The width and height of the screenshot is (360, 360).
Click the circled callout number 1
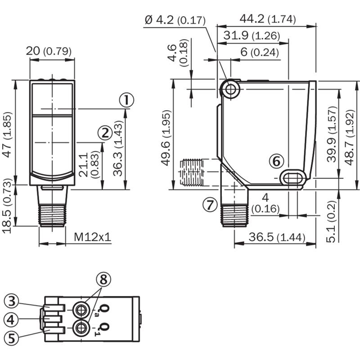click(126, 100)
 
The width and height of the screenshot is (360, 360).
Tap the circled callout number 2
click(105, 133)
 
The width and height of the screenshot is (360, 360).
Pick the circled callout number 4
click(11, 319)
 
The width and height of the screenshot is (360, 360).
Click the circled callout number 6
click(276, 161)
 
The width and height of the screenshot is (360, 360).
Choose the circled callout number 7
click(210, 205)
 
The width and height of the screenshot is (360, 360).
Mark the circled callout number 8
click(103, 279)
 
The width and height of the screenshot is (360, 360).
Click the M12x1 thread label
click(93, 237)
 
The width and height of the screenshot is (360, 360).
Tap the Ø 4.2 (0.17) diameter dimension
click(175, 20)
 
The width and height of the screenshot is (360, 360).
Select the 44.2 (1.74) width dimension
click(268, 19)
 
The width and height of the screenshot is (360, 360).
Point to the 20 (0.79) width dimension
click(49, 51)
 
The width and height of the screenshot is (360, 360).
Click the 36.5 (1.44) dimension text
click(277, 237)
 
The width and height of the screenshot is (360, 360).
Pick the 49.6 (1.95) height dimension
click(166, 138)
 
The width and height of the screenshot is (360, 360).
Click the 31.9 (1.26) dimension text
click(252, 36)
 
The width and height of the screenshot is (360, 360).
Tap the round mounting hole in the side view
click(230, 89)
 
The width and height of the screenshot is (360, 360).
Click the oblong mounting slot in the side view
click(293, 178)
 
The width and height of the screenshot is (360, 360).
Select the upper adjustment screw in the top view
click(81, 310)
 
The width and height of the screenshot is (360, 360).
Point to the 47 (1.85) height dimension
click(7, 135)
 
